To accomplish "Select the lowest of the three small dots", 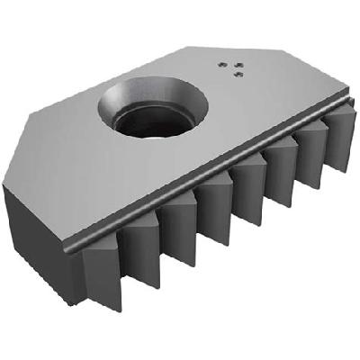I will (x=236, y=75).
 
